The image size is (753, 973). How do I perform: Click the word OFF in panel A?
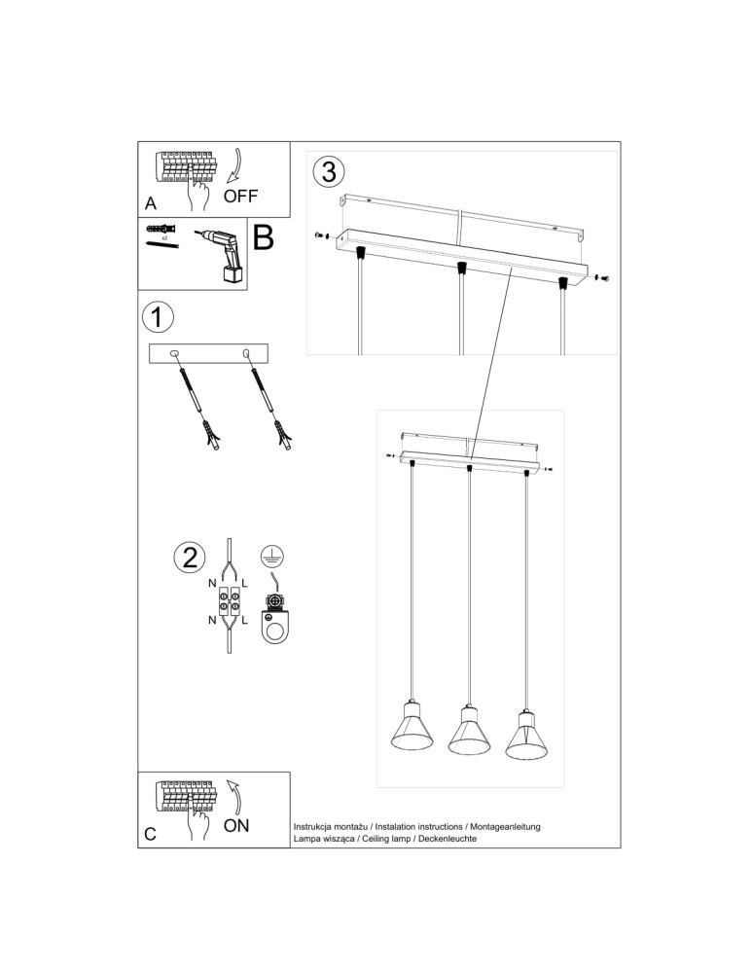click(240, 196)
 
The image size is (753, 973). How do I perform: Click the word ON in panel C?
click(236, 826)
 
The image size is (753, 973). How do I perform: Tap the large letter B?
click(264, 237)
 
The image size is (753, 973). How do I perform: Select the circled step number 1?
click(158, 317)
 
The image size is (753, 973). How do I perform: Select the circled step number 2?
click(189, 558)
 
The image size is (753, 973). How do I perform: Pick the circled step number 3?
click(328, 171)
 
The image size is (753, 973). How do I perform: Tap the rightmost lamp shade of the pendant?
click(525, 735)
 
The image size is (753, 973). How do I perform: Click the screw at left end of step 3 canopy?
click(322, 234)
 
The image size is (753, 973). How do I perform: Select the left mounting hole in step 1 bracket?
click(175, 354)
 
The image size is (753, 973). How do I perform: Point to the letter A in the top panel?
click(150, 204)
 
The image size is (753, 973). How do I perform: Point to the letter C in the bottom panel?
click(150, 834)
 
